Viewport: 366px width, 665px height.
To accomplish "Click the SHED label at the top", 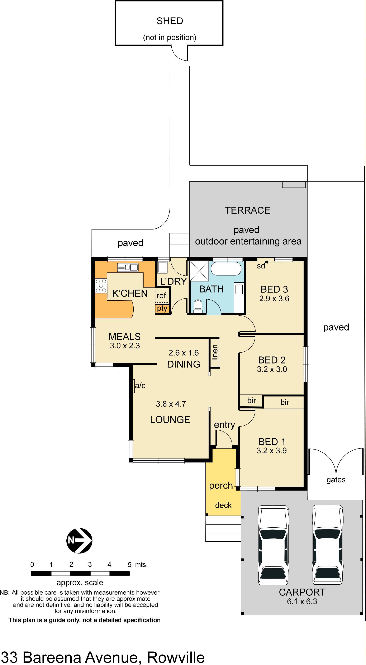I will coord(170,21).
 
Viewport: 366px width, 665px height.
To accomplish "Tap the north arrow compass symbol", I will coord(80,541).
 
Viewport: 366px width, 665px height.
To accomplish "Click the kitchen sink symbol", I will coord(128,267).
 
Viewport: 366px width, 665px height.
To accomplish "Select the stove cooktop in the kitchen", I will coord(101,286).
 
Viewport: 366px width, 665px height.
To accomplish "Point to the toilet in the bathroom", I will coord(198,305).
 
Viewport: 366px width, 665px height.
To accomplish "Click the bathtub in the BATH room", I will coord(226,269).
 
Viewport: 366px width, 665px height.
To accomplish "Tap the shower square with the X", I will coord(199,271).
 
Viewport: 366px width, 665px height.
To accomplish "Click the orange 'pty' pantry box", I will coord(162,309).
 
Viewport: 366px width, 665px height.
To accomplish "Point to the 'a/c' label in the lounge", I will coord(140,386).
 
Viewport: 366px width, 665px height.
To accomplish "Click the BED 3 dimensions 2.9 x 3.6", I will coord(274,299).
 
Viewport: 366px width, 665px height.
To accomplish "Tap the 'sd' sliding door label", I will coord(261,266).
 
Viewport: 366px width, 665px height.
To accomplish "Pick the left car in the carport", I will coord(273,545).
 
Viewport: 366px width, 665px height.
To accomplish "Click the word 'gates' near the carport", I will coord(336,480).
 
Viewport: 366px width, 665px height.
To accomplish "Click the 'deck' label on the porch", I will coord(223,505).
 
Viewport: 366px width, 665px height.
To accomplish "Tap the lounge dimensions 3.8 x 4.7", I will coord(171,404).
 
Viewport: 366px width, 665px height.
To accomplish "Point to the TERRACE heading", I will coord(247,210).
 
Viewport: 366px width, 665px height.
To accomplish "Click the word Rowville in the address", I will coord(176,657).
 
